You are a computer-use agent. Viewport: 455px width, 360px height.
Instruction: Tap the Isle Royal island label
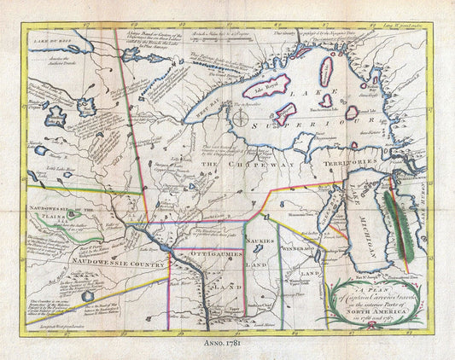tap(282, 86)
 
